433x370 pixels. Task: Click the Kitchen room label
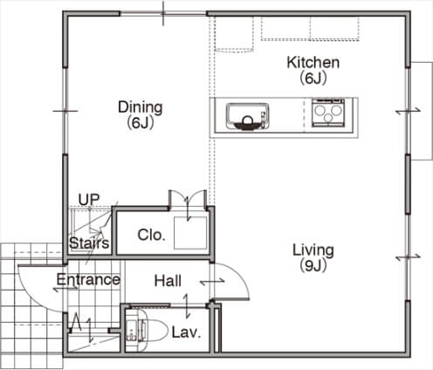click(313, 63)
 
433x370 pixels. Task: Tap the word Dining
click(141, 107)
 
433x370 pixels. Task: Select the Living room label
click(313, 250)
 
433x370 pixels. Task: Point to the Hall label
click(168, 281)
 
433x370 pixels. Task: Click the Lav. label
click(186, 332)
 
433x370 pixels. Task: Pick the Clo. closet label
click(151, 235)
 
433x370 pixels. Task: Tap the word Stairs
click(89, 243)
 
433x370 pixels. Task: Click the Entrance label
click(88, 279)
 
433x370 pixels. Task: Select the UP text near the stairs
click(89, 199)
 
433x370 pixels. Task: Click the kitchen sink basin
click(248, 116)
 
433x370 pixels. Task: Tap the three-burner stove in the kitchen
click(328, 113)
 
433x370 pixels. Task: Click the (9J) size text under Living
click(313, 265)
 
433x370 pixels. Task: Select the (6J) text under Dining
click(141, 123)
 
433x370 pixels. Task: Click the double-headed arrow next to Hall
click(212, 281)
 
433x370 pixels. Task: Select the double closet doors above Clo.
click(188, 198)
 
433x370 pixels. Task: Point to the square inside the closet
click(190, 233)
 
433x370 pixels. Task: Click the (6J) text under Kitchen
click(313, 78)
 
